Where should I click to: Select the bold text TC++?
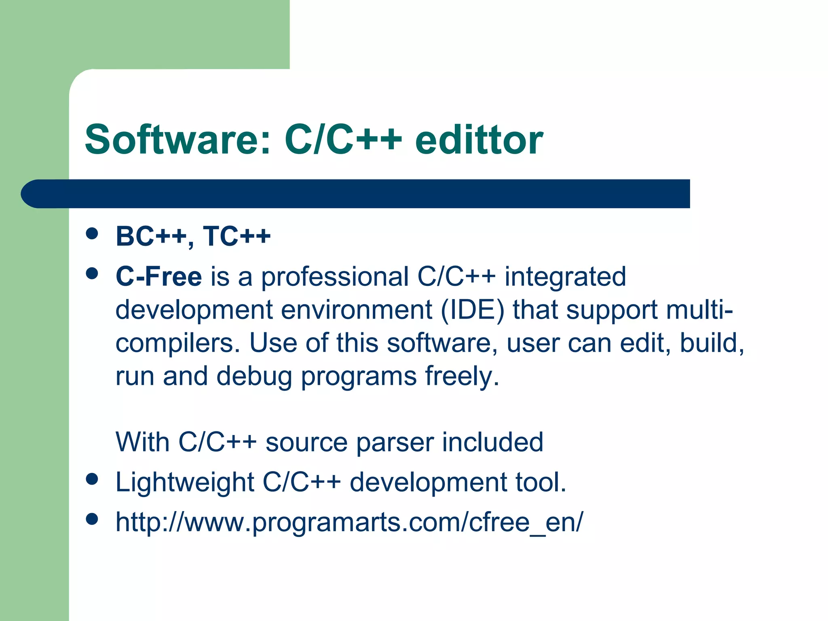coord(237,236)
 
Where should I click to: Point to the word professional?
coord(335,277)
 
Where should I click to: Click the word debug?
coord(254,377)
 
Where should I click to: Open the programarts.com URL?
coord(349,522)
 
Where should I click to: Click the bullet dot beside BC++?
coord(92,234)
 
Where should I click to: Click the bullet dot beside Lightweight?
coord(92,479)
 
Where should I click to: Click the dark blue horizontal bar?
coord(356,194)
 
